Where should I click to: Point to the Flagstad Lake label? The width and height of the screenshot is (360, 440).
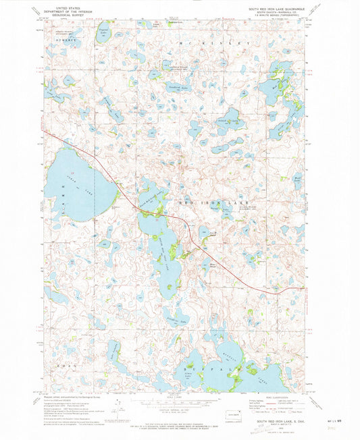pyautogui.click(x=103, y=31)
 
